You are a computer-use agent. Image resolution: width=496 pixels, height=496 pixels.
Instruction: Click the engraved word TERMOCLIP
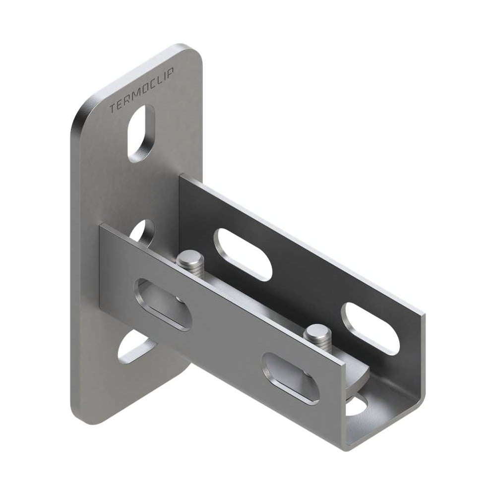click(141, 92)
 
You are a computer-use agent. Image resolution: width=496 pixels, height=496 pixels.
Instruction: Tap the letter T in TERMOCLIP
click(113, 109)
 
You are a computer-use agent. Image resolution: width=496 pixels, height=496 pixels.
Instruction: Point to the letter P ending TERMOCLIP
click(171, 75)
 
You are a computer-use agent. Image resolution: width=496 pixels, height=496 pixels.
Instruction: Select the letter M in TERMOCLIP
click(135, 96)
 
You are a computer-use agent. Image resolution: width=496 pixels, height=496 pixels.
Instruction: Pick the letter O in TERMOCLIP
click(143, 91)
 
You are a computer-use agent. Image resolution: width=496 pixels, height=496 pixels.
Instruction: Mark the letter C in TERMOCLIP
click(151, 86)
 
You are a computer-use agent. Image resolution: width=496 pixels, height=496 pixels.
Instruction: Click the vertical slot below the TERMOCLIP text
click(141, 133)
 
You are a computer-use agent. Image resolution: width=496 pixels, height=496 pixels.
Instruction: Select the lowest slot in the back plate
click(137, 348)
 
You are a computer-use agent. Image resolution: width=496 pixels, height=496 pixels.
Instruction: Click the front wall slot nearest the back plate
click(163, 305)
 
